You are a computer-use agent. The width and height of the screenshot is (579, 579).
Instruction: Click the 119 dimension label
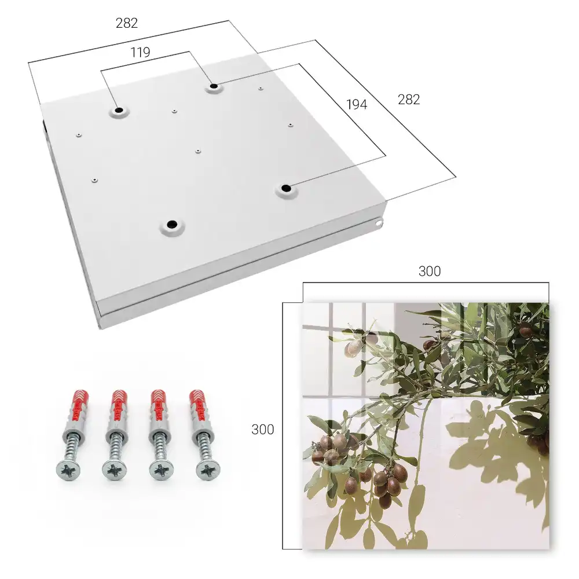click(x=140, y=53)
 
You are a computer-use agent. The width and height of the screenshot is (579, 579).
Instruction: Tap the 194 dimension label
click(x=357, y=105)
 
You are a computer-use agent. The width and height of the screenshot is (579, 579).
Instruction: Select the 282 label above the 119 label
click(x=127, y=23)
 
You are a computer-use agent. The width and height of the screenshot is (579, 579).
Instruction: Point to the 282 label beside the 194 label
click(x=409, y=100)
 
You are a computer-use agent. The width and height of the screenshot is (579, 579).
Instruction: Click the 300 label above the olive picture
click(x=430, y=272)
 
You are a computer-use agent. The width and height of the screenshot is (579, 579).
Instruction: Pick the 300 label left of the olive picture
click(x=262, y=430)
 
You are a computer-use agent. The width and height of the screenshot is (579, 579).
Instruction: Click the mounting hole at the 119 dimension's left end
click(x=119, y=111)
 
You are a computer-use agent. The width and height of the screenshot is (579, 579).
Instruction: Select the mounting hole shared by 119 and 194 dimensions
click(x=214, y=87)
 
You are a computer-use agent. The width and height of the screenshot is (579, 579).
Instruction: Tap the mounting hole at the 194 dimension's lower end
click(x=286, y=188)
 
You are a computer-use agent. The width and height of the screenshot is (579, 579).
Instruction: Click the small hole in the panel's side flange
click(x=379, y=223)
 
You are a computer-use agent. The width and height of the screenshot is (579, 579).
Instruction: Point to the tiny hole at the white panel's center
click(x=198, y=151)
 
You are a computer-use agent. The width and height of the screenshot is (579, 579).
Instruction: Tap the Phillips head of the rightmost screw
click(x=208, y=470)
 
